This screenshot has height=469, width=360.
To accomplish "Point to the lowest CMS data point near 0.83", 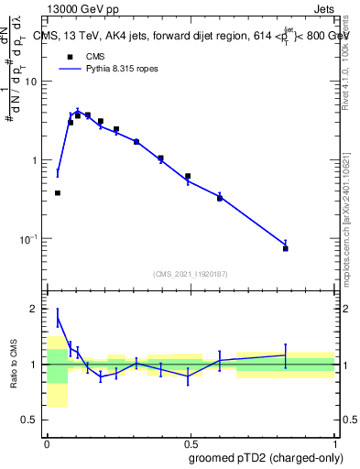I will click(286, 248).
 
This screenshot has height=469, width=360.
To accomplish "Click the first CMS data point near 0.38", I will click(58, 193).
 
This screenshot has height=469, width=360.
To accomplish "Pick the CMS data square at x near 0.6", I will click(220, 198).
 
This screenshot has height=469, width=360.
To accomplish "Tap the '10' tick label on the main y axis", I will click(33, 82).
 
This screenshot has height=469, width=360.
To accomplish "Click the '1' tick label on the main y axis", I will click(37, 160).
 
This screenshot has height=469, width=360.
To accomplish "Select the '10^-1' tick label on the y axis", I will click(30, 239).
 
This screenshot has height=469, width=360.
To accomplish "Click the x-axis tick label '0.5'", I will click(191, 444).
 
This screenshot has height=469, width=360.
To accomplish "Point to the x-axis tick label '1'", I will click(333, 444).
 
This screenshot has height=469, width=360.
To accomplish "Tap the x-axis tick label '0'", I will click(47, 444).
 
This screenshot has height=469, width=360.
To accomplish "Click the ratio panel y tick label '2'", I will click(38, 309).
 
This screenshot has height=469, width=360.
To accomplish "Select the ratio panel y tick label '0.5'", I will click(33, 420).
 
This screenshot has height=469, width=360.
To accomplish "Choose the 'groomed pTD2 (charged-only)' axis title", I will click(265, 458).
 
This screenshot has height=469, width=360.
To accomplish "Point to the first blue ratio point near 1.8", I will click(58, 317).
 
